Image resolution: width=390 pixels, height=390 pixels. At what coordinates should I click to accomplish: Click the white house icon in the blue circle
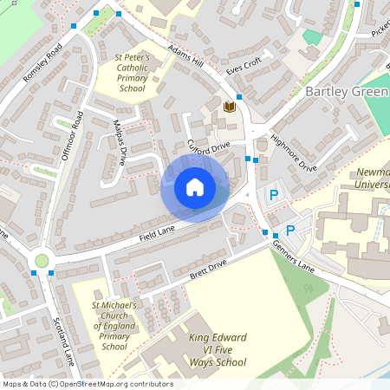point(195,186)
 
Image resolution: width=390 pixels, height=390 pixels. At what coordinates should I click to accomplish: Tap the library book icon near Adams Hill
point(229,107)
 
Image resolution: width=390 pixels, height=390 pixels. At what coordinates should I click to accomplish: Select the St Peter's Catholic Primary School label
point(132,72)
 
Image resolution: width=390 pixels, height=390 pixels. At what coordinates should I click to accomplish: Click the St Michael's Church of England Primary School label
point(114,326)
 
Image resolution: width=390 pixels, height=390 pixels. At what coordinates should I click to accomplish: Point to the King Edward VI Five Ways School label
point(218,349)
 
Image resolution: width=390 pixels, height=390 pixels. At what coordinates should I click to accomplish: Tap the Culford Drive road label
point(208,146)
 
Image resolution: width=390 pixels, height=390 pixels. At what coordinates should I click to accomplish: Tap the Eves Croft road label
point(244,64)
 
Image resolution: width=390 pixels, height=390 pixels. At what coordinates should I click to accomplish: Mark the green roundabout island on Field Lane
point(42,261)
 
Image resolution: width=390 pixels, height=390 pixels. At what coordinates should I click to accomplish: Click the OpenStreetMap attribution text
point(87,384)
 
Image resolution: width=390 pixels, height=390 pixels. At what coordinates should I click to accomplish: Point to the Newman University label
point(372,178)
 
